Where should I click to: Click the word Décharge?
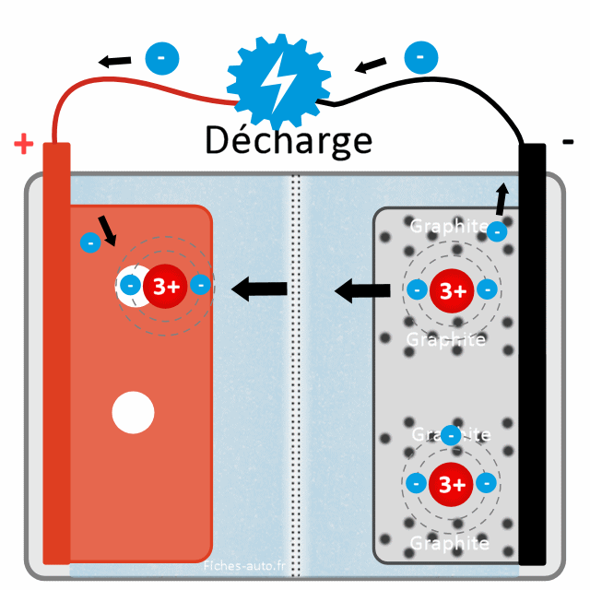pos(288,141)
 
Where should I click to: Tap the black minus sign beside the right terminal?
pos(568,142)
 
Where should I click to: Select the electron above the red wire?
pos(162,57)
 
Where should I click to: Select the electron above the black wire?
pos(420,57)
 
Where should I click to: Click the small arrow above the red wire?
pos(115,62)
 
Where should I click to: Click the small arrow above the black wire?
pos(371,65)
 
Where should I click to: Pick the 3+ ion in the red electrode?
pos(166,286)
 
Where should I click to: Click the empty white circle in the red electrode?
pos(133,413)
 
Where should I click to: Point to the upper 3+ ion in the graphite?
pos(452,291)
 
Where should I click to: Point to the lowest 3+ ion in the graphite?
pos(452,483)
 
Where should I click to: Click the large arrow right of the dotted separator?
pos(362,292)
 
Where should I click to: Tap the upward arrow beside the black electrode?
pos(501,197)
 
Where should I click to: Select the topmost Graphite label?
pos(448,226)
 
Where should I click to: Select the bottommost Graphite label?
pos(449,543)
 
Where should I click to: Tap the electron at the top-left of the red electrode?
pos(90,243)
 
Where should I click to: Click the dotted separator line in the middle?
pos(296,369)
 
